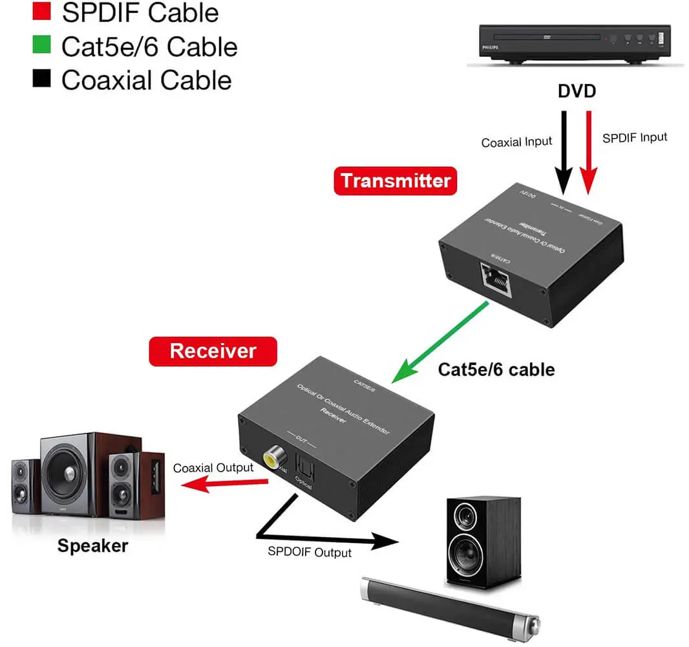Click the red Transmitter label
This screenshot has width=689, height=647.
point(395,181)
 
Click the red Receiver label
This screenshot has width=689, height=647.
point(213,351)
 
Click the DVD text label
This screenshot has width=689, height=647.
point(577,91)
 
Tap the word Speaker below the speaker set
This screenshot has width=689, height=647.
point(92,545)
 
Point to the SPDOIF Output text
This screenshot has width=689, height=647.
point(310,552)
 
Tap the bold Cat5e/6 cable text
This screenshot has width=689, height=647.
point(496,369)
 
